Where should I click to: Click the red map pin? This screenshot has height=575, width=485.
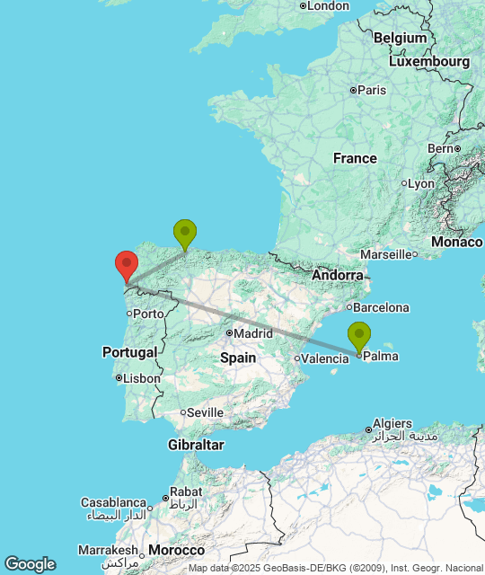127,265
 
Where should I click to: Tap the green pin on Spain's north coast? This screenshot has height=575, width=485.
185,233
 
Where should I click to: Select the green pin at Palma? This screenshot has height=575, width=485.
358,335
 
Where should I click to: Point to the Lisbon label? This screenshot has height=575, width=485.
142,378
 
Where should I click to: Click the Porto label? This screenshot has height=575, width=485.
148,314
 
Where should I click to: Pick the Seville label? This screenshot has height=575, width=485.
205,412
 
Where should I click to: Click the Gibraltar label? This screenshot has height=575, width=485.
196,445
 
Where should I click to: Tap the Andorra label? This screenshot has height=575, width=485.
339,275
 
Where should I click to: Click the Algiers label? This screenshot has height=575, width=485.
392,423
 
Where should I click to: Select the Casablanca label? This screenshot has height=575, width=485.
113,502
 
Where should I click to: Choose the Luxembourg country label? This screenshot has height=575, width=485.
429,62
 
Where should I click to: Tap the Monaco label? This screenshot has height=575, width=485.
456,243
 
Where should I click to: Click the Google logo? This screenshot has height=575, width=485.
30,564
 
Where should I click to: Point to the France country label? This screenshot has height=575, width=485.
355,158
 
